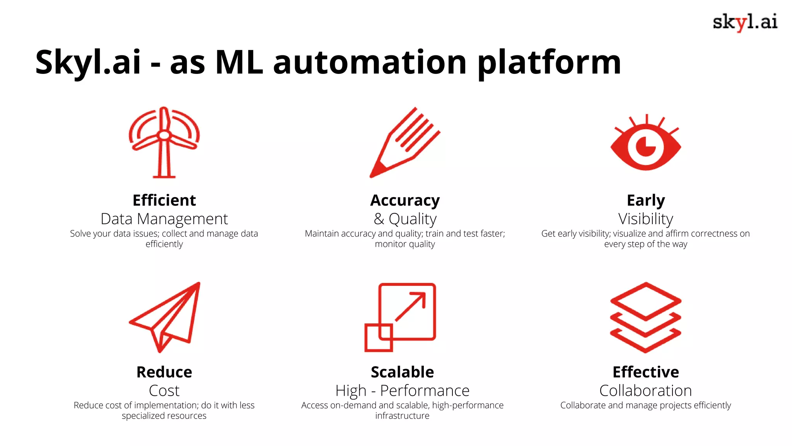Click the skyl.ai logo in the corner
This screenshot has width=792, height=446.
pyautogui.click(x=745, y=22)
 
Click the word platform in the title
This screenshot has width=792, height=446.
pyautogui.click(x=549, y=63)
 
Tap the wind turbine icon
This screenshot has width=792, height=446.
pyautogui.click(x=164, y=142)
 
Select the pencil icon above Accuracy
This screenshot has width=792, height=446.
pyautogui.click(x=405, y=142)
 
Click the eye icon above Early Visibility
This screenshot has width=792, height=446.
pyautogui.click(x=645, y=146)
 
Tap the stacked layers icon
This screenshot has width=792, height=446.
pyautogui.click(x=645, y=317)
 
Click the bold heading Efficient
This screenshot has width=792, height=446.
pyautogui.click(x=164, y=200)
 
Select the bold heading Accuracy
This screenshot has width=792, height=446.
pyautogui.click(x=405, y=200)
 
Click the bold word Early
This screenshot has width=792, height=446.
pyautogui.click(x=645, y=200)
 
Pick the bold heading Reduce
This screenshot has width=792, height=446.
pyautogui.click(x=164, y=372)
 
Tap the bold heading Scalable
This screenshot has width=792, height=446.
pyautogui.click(x=402, y=372)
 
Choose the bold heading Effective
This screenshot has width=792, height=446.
pyautogui.click(x=645, y=372)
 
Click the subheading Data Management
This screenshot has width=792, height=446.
pyautogui.click(x=164, y=219)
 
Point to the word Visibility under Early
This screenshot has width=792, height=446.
pyautogui.click(x=645, y=219)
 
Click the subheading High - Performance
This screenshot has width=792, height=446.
pyautogui.click(x=402, y=391)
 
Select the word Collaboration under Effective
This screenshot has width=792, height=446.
pyautogui.click(x=645, y=391)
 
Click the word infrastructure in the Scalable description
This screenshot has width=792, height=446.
pyautogui.click(x=402, y=416)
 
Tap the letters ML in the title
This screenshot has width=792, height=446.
pyautogui.click(x=239, y=63)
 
